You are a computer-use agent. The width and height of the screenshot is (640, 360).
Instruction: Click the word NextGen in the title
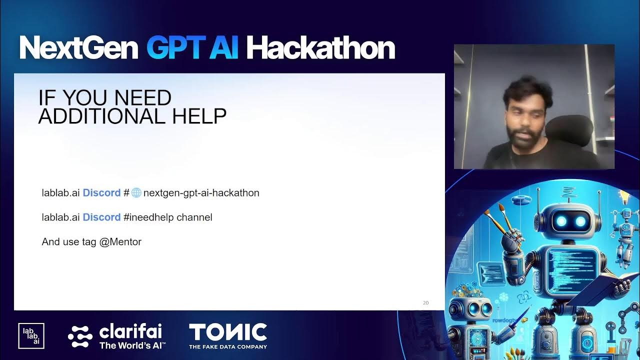click(78, 48)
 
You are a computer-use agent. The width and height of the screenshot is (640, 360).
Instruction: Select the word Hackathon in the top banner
click(320, 48)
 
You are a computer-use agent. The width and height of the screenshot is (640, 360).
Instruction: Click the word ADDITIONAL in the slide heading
click(102, 116)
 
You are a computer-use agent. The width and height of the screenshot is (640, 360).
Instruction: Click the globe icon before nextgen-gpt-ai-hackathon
click(136, 192)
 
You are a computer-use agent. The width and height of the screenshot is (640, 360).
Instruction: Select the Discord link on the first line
click(101, 192)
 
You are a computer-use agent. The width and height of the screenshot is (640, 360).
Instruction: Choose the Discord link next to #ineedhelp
click(101, 217)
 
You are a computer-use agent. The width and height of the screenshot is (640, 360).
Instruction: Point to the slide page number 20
click(425, 302)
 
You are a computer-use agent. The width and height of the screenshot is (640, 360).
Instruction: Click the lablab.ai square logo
click(31, 336)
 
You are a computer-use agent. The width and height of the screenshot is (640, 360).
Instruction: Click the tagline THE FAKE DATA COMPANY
click(227, 346)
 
